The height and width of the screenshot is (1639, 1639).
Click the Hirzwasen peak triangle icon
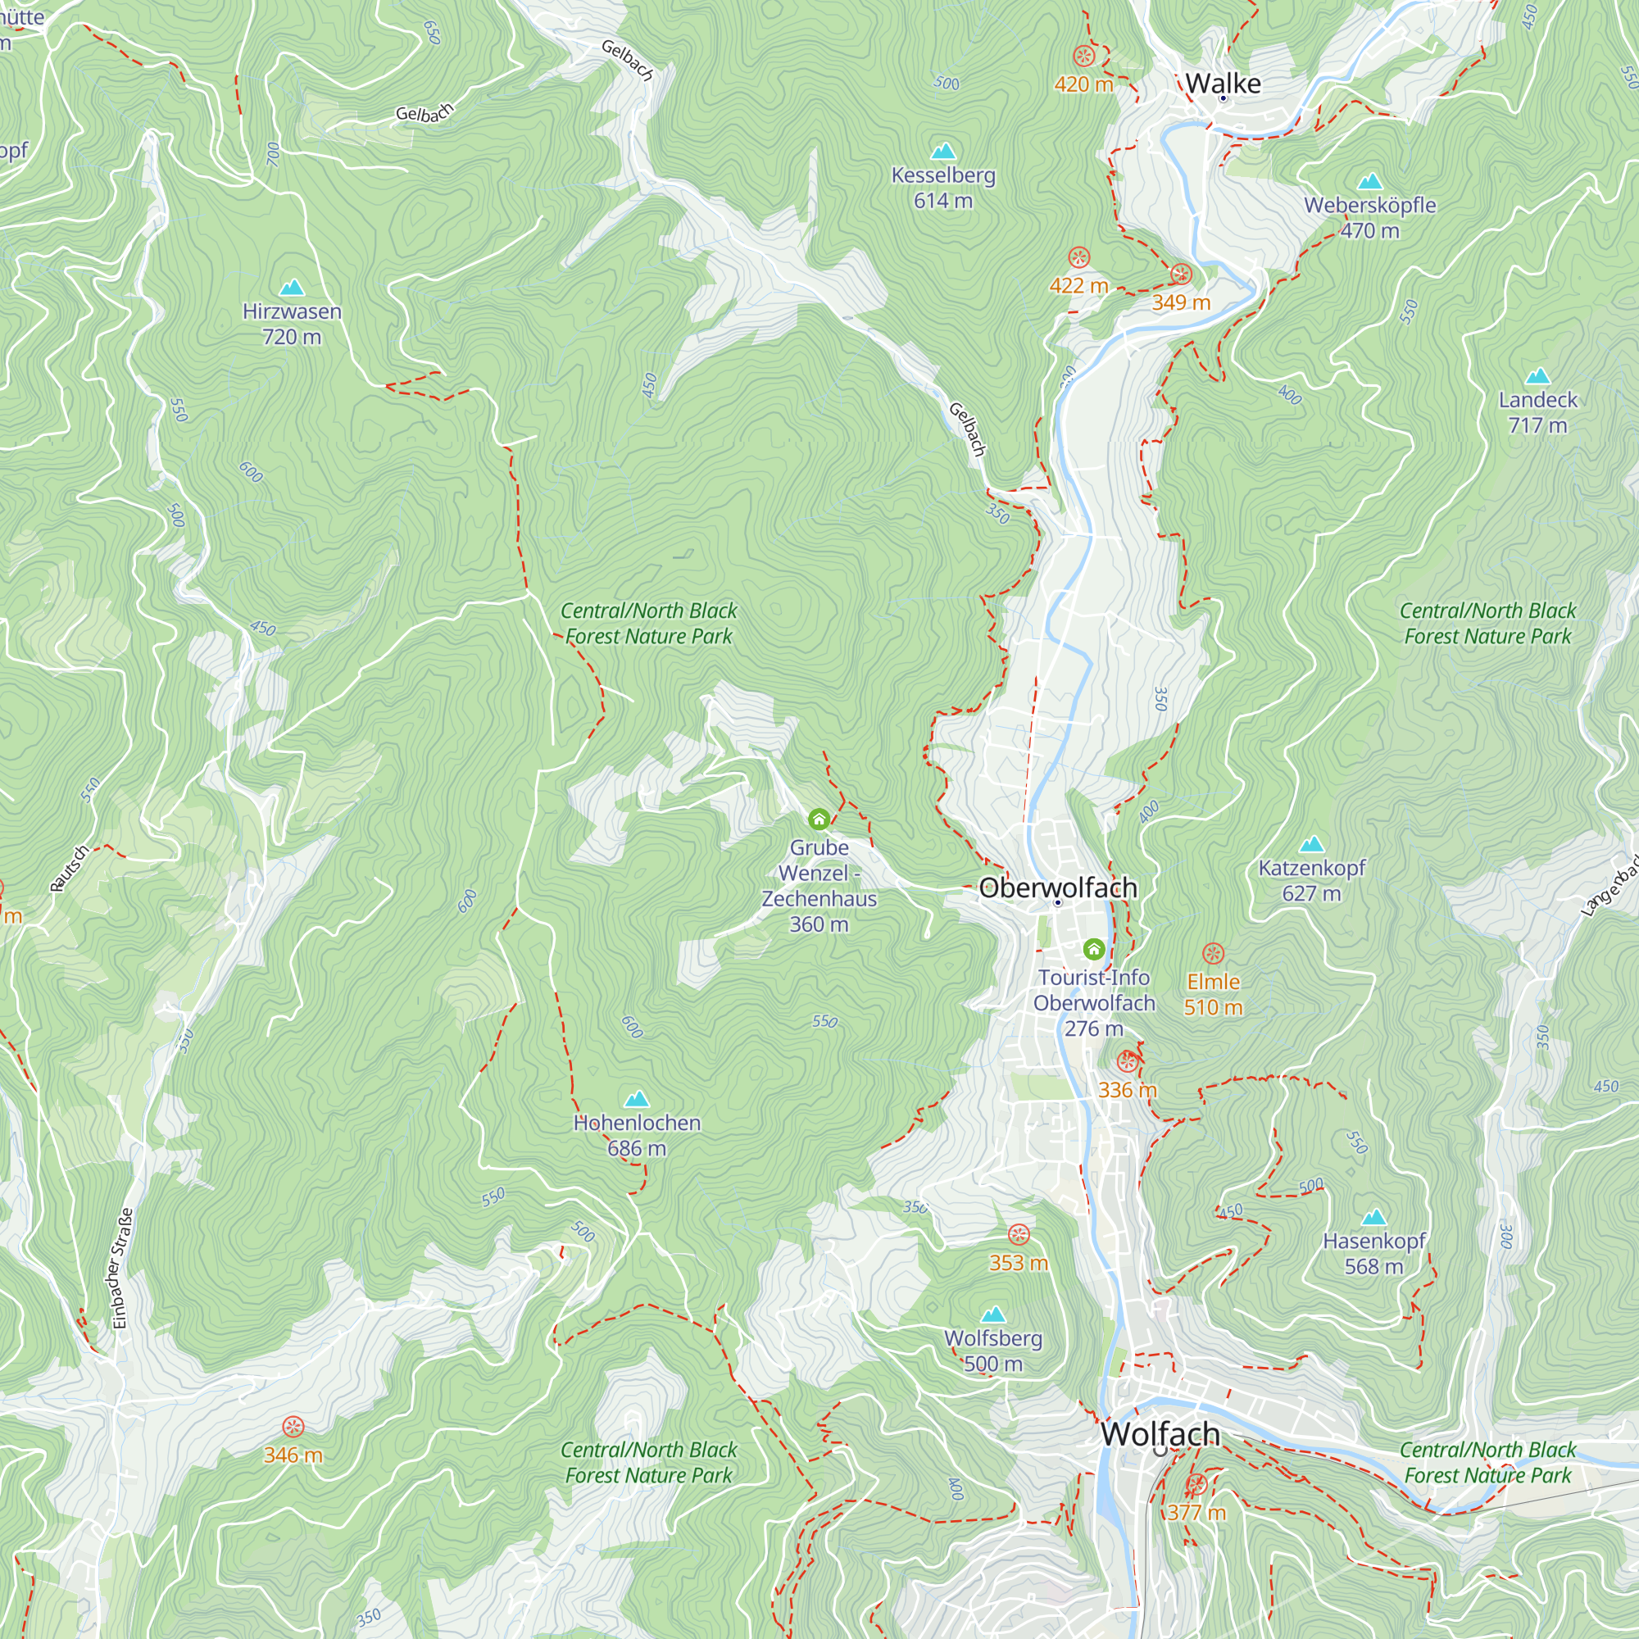tap(292, 287)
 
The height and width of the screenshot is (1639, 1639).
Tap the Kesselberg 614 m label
tap(943, 188)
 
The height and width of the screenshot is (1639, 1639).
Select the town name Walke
tap(1223, 83)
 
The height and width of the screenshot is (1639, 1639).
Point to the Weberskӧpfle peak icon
tap(1369, 182)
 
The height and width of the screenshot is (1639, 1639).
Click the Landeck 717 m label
tap(1537, 412)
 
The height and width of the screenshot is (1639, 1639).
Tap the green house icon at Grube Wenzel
tap(819, 819)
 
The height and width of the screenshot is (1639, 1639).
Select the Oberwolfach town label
tap(1058, 888)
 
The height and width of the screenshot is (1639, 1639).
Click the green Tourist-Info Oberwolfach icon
tap(1093, 948)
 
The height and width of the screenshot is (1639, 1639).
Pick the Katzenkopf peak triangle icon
tap(1311, 844)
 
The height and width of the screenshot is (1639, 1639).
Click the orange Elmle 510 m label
tap(1213, 994)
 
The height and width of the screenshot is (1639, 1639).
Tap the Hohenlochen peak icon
tap(636, 1100)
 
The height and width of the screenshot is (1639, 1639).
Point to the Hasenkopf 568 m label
tap(1373, 1254)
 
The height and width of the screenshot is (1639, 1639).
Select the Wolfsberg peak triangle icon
tap(992, 1315)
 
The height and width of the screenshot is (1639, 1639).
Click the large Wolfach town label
tap(1160, 1433)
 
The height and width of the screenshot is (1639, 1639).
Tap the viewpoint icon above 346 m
tap(293, 1426)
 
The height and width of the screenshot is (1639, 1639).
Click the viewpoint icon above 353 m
tap(1018, 1234)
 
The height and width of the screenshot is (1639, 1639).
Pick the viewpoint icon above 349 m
tap(1181, 274)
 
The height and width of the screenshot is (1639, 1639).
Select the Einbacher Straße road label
tap(123, 1269)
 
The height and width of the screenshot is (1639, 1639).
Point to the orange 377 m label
tap(1196, 1513)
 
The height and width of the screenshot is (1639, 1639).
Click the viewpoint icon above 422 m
tap(1078, 257)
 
